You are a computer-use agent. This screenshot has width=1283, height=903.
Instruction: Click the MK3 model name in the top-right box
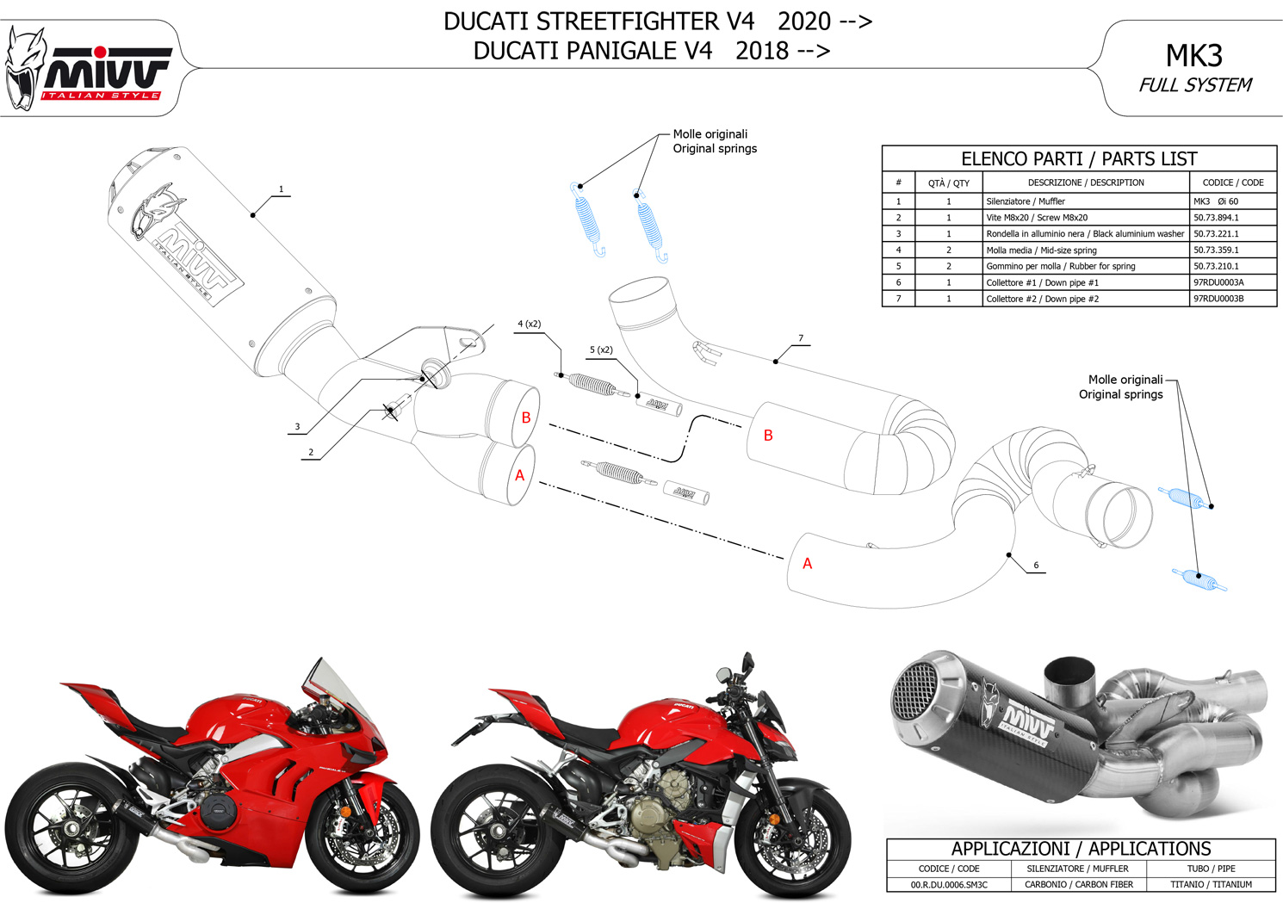[x=1193, y=56]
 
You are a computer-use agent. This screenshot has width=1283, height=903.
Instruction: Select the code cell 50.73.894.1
[x=1216, y=218]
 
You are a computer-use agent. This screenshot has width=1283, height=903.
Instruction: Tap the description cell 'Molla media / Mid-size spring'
[x=1041, y=250]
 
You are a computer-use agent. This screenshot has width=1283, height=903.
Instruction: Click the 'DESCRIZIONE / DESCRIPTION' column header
[x=1085, y=182]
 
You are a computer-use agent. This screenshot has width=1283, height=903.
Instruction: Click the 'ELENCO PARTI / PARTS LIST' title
[x=1079, y=159]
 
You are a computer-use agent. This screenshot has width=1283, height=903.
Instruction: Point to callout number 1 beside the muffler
[x=281, y=189]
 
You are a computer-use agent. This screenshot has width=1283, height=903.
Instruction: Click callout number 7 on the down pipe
[x=801, y=338]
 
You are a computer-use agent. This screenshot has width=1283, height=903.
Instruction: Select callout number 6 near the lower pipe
[x=1036, y=566]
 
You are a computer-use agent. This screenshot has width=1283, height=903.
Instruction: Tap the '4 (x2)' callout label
[x=529, y=325]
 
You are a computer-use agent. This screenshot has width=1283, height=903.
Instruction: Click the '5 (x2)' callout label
[x=601, y=350]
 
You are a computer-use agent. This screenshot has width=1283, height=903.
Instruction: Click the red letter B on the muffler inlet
[x=526, y=417]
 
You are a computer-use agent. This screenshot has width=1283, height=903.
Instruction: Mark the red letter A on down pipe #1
[x=807, y=564]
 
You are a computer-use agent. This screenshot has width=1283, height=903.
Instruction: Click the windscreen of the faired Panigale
[x=332, y=689]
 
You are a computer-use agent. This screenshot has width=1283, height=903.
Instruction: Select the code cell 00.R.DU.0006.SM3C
[x=949, y=885]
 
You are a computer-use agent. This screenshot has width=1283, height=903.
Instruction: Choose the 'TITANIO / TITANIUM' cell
[x=1211, y=885]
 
